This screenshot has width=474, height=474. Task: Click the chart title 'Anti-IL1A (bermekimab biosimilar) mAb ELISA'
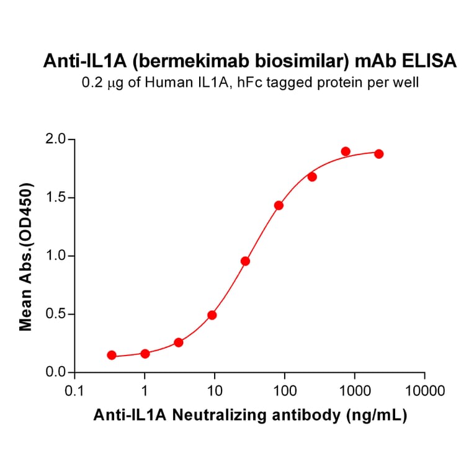pyautogui.click(x=250, y=61)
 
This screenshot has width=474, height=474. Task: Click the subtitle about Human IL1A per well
pyautogui.click(x=250, y=82)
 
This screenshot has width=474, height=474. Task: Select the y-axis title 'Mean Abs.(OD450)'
pyautogui.click(x=26, y=256)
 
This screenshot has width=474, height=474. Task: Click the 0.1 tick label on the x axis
pyautogui.click(x=74, y=391)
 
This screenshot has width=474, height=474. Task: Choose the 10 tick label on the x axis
pyautogui.click(x=215, y=391)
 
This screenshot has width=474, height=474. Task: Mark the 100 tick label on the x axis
pyautogui.click(x=285, y=391)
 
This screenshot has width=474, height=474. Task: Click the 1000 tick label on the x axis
pyautogui.click(x=355, y=391)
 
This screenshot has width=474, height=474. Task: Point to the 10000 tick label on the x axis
pyautogui.click(x=425, y=391)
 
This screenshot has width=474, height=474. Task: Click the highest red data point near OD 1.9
pyautogui.click(x=346, y=151)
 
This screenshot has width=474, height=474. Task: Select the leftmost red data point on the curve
pyautogui.click(x=112, y=355)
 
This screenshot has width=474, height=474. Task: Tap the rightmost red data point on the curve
pyautogui.click(x=379, y=154)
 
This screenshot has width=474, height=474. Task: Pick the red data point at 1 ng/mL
pyautogui.click(x=145, y=354)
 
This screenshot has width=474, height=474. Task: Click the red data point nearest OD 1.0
pyautogui.click(x=245, y=261)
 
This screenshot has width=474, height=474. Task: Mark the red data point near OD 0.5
pyautogui.click(x=212, y=315)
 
